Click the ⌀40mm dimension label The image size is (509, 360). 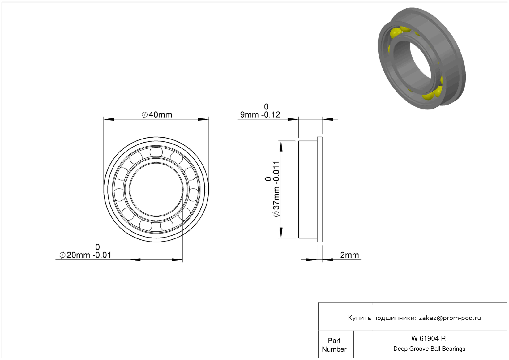click(157, 114)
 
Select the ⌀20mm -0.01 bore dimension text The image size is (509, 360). click(85, 255)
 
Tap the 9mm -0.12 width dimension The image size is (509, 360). click(260, 114)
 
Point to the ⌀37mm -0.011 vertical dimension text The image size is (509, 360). click(276, 189)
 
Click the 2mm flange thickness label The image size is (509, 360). click(349, 255)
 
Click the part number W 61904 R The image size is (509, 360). click(428, 338)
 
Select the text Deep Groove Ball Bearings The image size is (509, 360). click(429, 349)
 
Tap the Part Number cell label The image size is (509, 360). click(334, 345)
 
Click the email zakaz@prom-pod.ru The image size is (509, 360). click(450, 318)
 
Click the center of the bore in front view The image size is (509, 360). click(156, 190)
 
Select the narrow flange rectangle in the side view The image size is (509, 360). click(319, 190)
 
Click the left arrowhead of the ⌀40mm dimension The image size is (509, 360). click(109, 119)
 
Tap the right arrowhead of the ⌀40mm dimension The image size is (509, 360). click(203, 119)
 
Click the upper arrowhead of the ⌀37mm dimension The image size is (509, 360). click(281, 146)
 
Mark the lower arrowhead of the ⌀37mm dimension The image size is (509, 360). click(281, 233)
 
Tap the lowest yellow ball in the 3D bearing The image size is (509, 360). click(428, 95)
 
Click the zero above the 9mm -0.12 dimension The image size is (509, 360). click(266, 107)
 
